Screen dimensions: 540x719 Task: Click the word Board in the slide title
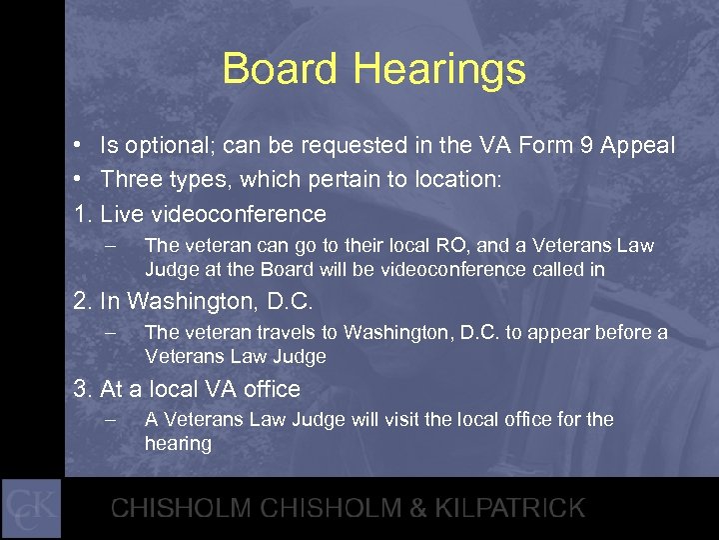pos(282,69)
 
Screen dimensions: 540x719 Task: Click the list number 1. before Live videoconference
pos(83,214)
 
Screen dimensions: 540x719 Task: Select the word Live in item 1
pos(122,214)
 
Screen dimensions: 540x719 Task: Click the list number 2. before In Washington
pos(83,301)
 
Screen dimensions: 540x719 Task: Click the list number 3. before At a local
pos(83,388)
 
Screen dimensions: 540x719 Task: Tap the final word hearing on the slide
pos(178,443)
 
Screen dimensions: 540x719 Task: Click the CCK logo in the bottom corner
pos(31,508)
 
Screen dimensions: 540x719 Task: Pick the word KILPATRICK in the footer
pos(505,508)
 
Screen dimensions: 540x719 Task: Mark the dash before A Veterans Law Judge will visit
pos(111,420)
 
